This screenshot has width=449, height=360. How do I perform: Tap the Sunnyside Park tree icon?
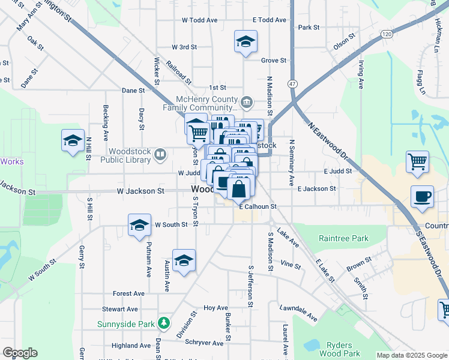point(164,324)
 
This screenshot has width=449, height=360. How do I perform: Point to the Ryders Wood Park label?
point(343,349)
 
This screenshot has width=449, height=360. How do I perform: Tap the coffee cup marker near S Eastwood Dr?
point(423,197)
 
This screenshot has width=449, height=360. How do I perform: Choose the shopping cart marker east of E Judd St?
point(417,162)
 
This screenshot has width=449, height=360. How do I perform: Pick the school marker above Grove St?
point(245,41)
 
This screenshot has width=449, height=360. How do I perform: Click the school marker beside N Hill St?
point(73,141)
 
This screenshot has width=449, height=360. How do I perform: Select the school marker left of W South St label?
point(139,226)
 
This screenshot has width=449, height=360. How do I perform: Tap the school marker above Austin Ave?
point(184,260)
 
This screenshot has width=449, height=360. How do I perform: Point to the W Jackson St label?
point(140,191)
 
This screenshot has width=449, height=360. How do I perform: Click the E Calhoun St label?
point(258,207)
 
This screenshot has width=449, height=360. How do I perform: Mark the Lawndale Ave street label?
point(298,311)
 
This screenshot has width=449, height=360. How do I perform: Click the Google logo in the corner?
point(20,353)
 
